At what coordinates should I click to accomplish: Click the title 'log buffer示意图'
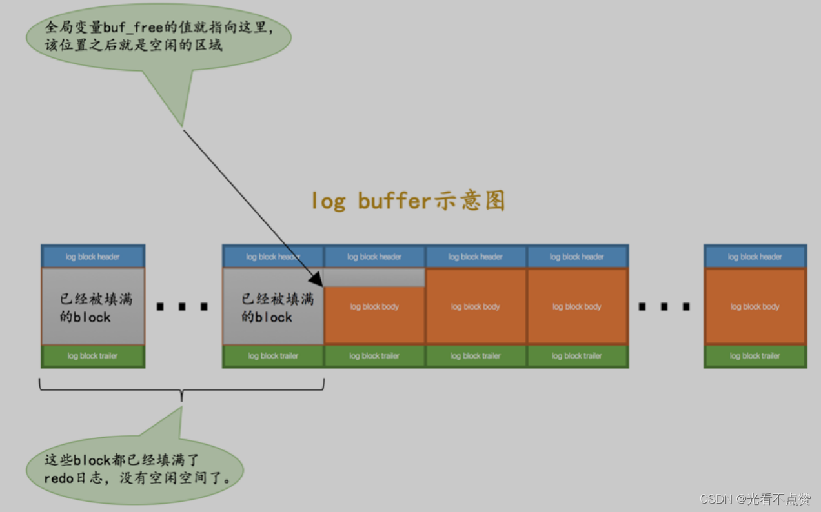click(x=407, y=201)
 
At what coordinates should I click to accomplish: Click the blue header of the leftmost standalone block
click(x=93, y=257)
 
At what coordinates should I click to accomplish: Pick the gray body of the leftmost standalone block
click(x=93, y=307)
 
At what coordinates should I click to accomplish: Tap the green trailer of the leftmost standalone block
click(x=93, y=356)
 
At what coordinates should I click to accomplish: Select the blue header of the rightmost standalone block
click(x=755, y=257)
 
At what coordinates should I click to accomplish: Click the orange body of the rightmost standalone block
click(x=755, y=307)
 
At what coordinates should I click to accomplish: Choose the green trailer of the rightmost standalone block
click(x=755, y=356)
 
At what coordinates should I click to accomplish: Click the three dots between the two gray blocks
click(x=183, y=307)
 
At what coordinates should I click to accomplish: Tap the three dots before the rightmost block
click(x=665, y=307)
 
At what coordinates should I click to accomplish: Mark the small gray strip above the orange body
click(x=374, y=278)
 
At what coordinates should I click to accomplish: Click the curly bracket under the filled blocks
click(x=182, y=389)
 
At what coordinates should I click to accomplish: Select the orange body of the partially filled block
click(x=374, y=315)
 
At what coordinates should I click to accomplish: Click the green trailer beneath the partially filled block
click(x=374, y=356)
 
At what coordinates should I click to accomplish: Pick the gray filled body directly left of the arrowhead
click(x=273, y=307)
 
